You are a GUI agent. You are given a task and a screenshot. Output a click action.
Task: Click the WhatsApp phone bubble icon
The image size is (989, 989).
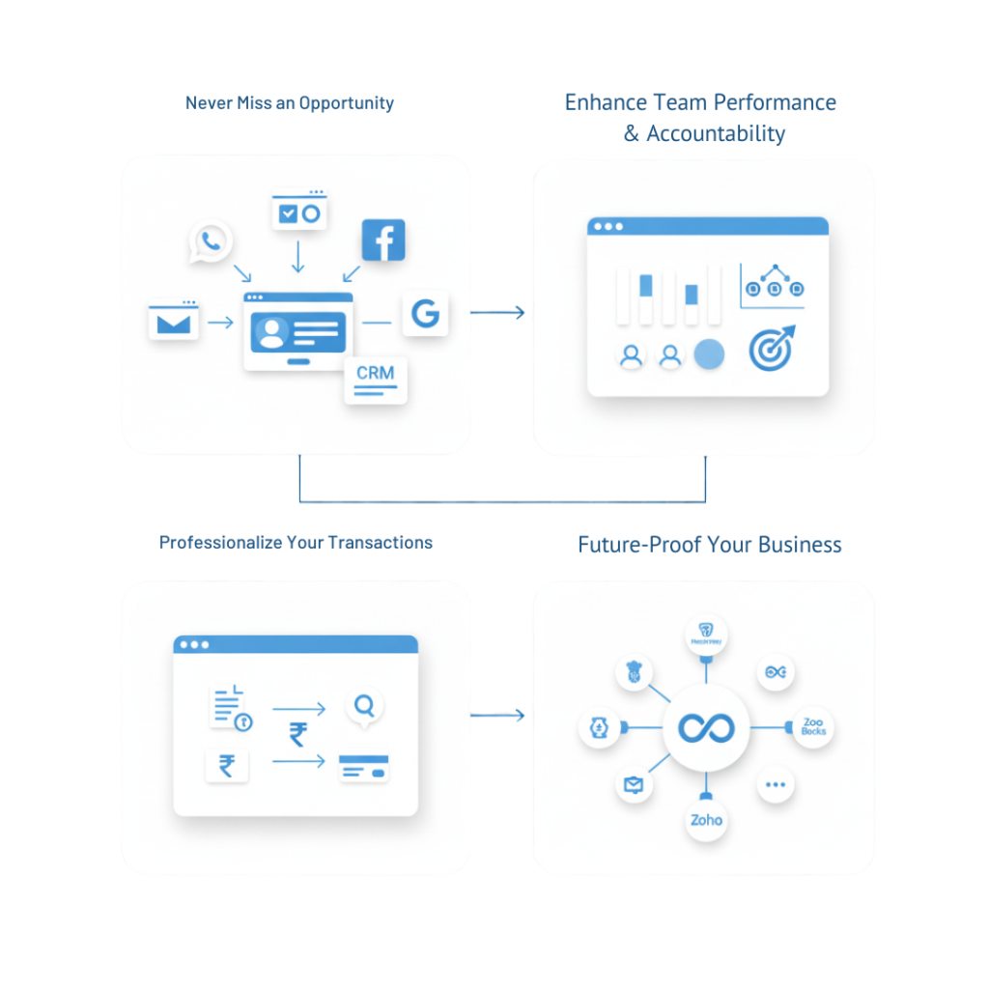click(x=211, y=241)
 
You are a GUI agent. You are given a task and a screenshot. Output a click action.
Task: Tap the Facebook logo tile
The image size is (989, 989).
click(x=382, y=240)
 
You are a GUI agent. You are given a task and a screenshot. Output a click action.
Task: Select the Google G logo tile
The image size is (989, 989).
click(x=425, y=313)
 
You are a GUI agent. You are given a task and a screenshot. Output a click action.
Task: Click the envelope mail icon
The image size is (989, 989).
click(x=174, y=322)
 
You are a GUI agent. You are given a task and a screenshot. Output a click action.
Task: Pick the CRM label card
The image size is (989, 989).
click(x=376, y=379)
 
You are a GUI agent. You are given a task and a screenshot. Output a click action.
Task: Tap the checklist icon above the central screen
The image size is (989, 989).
click(x=298, y=212)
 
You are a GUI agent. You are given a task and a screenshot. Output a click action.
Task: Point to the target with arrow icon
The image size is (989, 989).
click(x=772, y=347)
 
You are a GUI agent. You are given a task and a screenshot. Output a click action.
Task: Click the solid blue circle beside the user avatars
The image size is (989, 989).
click(x=709, y=355)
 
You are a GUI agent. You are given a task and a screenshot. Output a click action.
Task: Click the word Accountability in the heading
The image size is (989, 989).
click(x=715, y=134)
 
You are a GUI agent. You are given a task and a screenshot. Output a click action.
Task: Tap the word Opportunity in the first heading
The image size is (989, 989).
click(x=347, y=102)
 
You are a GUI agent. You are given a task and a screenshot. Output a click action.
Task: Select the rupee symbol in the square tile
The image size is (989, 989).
click(x=227, y=767)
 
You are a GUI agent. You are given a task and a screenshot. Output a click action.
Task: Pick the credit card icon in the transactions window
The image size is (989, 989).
click(x=363, y=768)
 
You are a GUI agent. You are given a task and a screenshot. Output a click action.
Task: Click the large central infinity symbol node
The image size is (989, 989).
click(x=707, y=728)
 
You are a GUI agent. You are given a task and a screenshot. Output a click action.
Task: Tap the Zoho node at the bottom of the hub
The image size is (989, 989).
click(x=706, y=820)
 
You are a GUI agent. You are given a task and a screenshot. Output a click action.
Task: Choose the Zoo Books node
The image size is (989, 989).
click(x=813, y=727)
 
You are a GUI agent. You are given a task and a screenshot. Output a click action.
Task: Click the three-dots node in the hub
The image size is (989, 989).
click(x=775, y=785)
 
